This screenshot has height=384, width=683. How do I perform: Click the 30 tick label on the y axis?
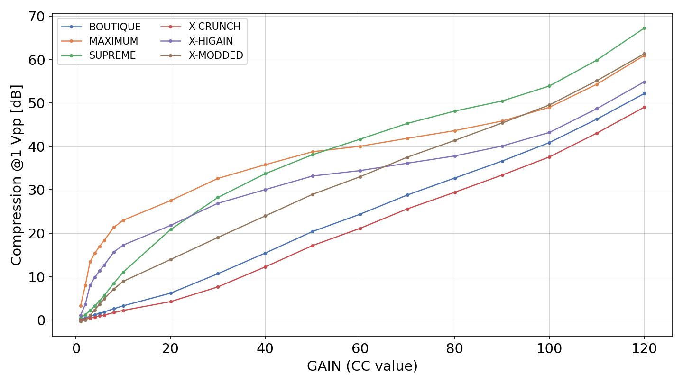point(36,190)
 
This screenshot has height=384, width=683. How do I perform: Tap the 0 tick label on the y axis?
point(41,320)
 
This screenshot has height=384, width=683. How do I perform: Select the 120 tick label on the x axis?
point(644,348)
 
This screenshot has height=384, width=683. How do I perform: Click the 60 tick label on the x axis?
point(360,348)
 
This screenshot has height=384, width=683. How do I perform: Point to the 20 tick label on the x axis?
point(171,348)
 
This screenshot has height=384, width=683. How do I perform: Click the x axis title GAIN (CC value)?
point(362,366)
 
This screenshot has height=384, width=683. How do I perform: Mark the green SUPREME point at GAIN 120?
point(644,28)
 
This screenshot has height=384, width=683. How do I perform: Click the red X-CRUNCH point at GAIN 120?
point(644,107)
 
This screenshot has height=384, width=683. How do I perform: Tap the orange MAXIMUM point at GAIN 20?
point(171,201)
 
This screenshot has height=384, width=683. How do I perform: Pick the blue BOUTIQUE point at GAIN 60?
point(360,214)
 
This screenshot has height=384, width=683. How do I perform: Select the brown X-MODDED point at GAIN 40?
point(265,216)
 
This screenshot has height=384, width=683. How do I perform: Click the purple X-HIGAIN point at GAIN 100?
point(549,133)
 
